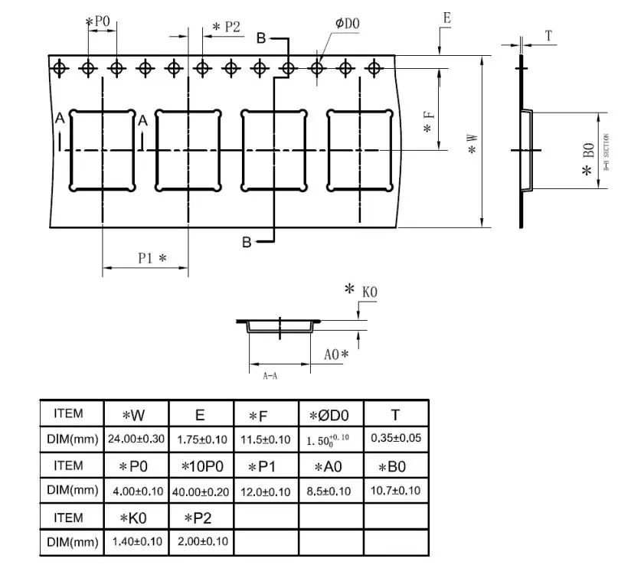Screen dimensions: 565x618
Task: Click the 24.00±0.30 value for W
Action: tap(136, 439)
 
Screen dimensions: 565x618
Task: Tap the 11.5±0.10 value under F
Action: tap(264, 439)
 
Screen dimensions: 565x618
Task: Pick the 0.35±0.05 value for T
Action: tap(395, 439)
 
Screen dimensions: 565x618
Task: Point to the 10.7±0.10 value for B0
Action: tap(395, 491)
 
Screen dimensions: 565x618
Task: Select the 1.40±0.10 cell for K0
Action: tap(136, 542)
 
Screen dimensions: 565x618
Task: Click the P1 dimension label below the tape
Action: tap(152, 258)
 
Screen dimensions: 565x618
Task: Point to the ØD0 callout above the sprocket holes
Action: tap(346, 24)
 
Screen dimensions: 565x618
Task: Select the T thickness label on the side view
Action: tap(548, 36)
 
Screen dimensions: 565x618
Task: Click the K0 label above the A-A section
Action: tap(370, 292)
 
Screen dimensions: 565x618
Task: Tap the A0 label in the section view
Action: tap(335, 354)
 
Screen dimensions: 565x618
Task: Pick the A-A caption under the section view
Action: tap(270, 377)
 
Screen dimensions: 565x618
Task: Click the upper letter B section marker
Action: tap(261, 38)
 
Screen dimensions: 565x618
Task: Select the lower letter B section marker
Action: tap(247, 242)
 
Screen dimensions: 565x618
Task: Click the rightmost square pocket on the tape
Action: tap(360, 150)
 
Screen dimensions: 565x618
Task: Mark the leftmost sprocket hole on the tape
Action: tap(59, 68)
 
